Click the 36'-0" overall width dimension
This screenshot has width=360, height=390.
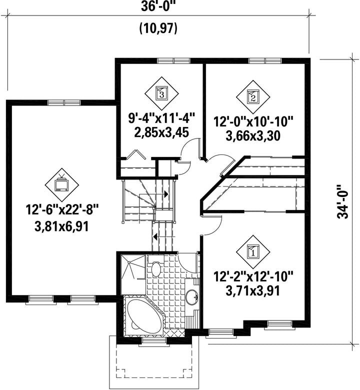pyautogui.click(x=158, y=6)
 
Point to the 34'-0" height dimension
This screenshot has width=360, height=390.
pyautogui.click(x=343, y=201)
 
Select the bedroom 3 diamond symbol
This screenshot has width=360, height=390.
pyautogui.click(x=161, y=93)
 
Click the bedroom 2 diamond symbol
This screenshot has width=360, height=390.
pyautogui.click(x=253, y=97)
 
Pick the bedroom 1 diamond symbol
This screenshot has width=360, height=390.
pyautogui.click(x=253, y=251)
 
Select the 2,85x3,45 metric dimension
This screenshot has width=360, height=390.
pyautogui.click(x=161, y=132)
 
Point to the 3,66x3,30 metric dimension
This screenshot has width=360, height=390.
pyautogui.click(x=253, y=136)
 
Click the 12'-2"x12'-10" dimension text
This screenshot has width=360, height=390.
pyautogui.click(x=253, y=276)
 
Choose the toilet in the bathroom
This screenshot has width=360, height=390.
pyautogui.click(x=155, y=267)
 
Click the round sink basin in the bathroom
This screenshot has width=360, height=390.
pyautogui.click(x=192, y=297)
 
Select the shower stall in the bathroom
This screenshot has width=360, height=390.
pyautogui.click(x=133, y=274)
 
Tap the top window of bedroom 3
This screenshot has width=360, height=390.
pyautogui.click(x=173, y=60)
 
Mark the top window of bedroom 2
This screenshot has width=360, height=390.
pyautogui.click(x=265, y=60)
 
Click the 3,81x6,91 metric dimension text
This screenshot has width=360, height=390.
pyautogui.click(x=62, y=226)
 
